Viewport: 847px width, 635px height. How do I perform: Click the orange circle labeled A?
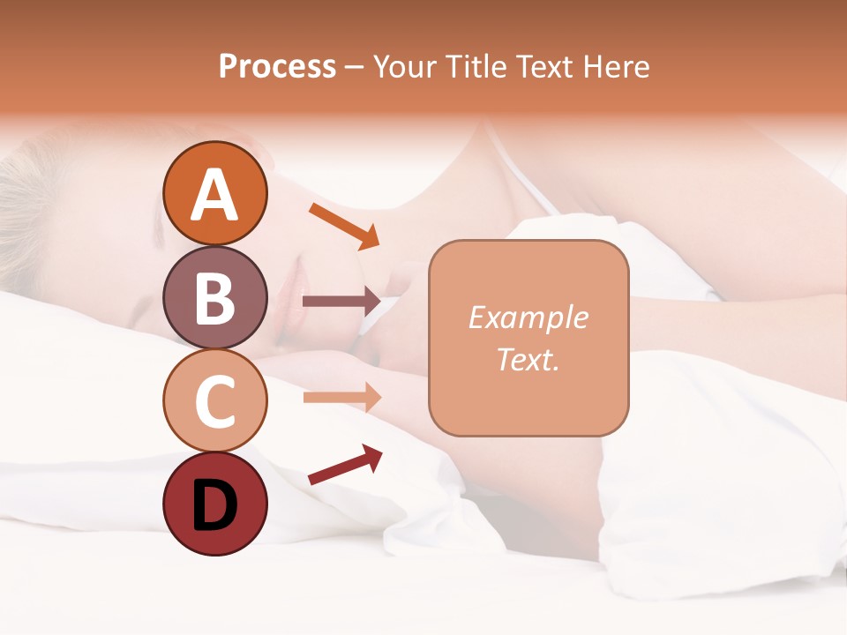click(x=214, y=193)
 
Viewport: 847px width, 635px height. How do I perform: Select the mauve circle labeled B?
click(x=214, y=298)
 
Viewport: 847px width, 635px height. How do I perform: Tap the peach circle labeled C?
click(x=214, y=400)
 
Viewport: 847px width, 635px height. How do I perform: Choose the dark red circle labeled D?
click(x=214, y=504)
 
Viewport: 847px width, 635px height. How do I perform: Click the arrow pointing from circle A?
click(x=344, y=225)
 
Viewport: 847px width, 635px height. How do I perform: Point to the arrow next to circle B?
click(x=341, y=302)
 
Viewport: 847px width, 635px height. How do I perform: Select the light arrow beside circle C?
click(x=341, y=397)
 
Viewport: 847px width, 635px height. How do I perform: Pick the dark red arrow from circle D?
click(x=345, y=464)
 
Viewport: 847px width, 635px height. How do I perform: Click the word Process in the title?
click(x=277, y=66)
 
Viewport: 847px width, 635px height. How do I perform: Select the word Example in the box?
click(x=528, y=317)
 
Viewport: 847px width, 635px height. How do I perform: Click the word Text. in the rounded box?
click(x=528, y=359)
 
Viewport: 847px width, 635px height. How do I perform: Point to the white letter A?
click(x=214, y=195)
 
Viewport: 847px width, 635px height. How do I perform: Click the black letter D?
click(x=214, y=504)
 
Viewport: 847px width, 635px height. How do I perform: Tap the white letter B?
click(x=214, y=298)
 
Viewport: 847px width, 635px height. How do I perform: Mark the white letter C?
click(x=214, y=401)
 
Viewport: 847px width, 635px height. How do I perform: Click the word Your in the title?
click(x=401, y=66)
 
